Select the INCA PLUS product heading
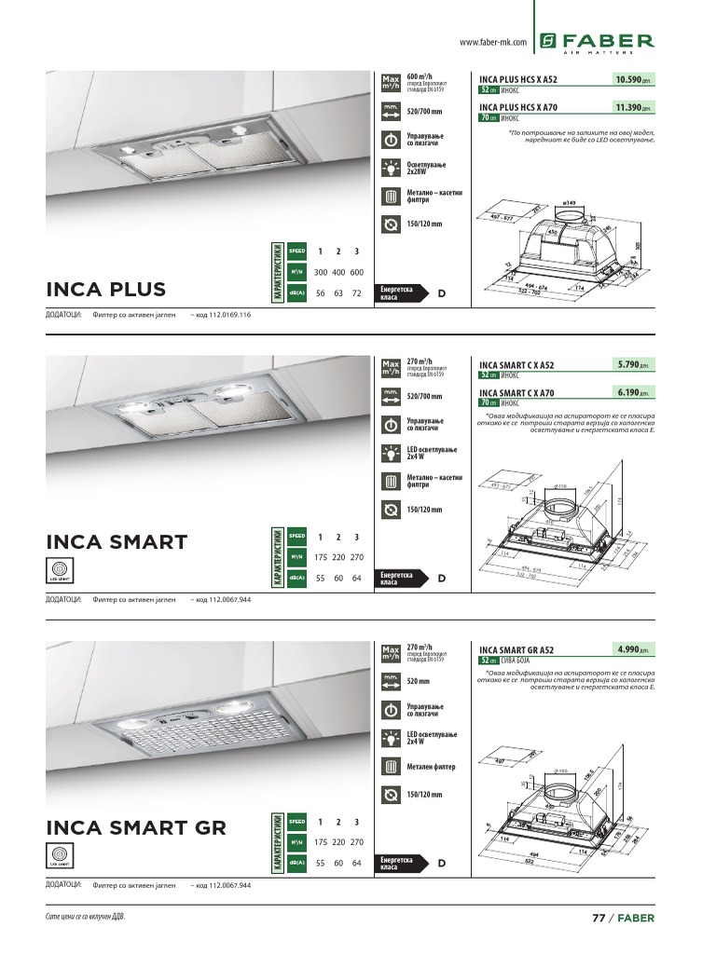pos(106,289)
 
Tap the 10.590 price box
pos(634,80)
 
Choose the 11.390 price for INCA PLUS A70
pos(634,108)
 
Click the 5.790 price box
pos(634,364)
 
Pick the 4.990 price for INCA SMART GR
pos(634,648)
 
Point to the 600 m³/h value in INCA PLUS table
pos(356,272)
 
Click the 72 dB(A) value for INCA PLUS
pos(356,293)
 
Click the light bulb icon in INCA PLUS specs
pos(391,169)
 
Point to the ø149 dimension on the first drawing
pos(570,203)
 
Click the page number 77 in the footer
pos(599,918)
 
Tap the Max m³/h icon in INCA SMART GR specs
pos(391,652)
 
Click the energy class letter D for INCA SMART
pos(442,579)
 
